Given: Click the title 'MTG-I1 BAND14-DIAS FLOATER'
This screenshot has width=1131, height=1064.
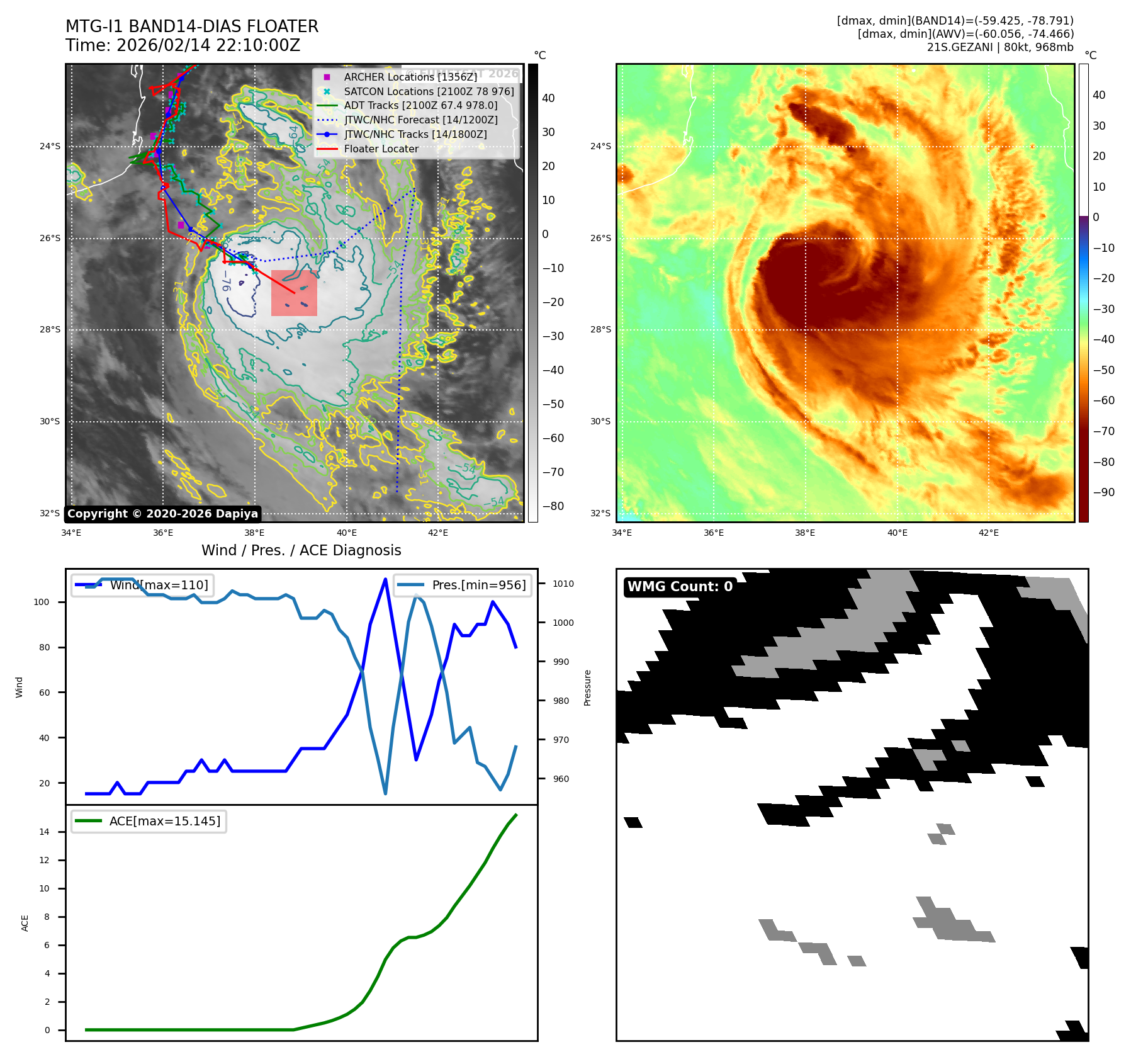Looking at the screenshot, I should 192,26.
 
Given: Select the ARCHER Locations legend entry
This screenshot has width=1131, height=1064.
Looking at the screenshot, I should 410,77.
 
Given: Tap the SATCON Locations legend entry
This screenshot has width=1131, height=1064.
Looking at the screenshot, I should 429,91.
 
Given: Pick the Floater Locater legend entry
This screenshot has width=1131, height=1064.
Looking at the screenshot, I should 381,149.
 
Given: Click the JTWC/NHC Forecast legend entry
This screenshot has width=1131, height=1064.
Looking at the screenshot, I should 420,120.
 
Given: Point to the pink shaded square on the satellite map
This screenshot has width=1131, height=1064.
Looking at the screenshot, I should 294,293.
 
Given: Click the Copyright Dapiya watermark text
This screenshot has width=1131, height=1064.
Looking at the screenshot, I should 162,514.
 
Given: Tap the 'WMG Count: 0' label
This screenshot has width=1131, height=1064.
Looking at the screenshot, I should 680,587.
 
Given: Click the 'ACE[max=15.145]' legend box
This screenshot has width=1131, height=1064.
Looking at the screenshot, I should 149,821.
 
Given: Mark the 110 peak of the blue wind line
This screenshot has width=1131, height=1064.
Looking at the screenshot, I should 385,579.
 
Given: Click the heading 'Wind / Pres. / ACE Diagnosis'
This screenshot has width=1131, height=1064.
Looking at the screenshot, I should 301,550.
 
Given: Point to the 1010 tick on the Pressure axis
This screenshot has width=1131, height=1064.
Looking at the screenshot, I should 563,584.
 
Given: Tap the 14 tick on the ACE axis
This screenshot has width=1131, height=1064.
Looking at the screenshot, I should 44,832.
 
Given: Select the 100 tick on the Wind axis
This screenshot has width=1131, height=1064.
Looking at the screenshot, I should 41,602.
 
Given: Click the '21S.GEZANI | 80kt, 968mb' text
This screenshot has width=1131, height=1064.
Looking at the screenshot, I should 1000,47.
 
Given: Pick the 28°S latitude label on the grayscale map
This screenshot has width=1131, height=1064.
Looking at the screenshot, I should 50,330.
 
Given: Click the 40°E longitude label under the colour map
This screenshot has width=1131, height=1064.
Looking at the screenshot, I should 897,533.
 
